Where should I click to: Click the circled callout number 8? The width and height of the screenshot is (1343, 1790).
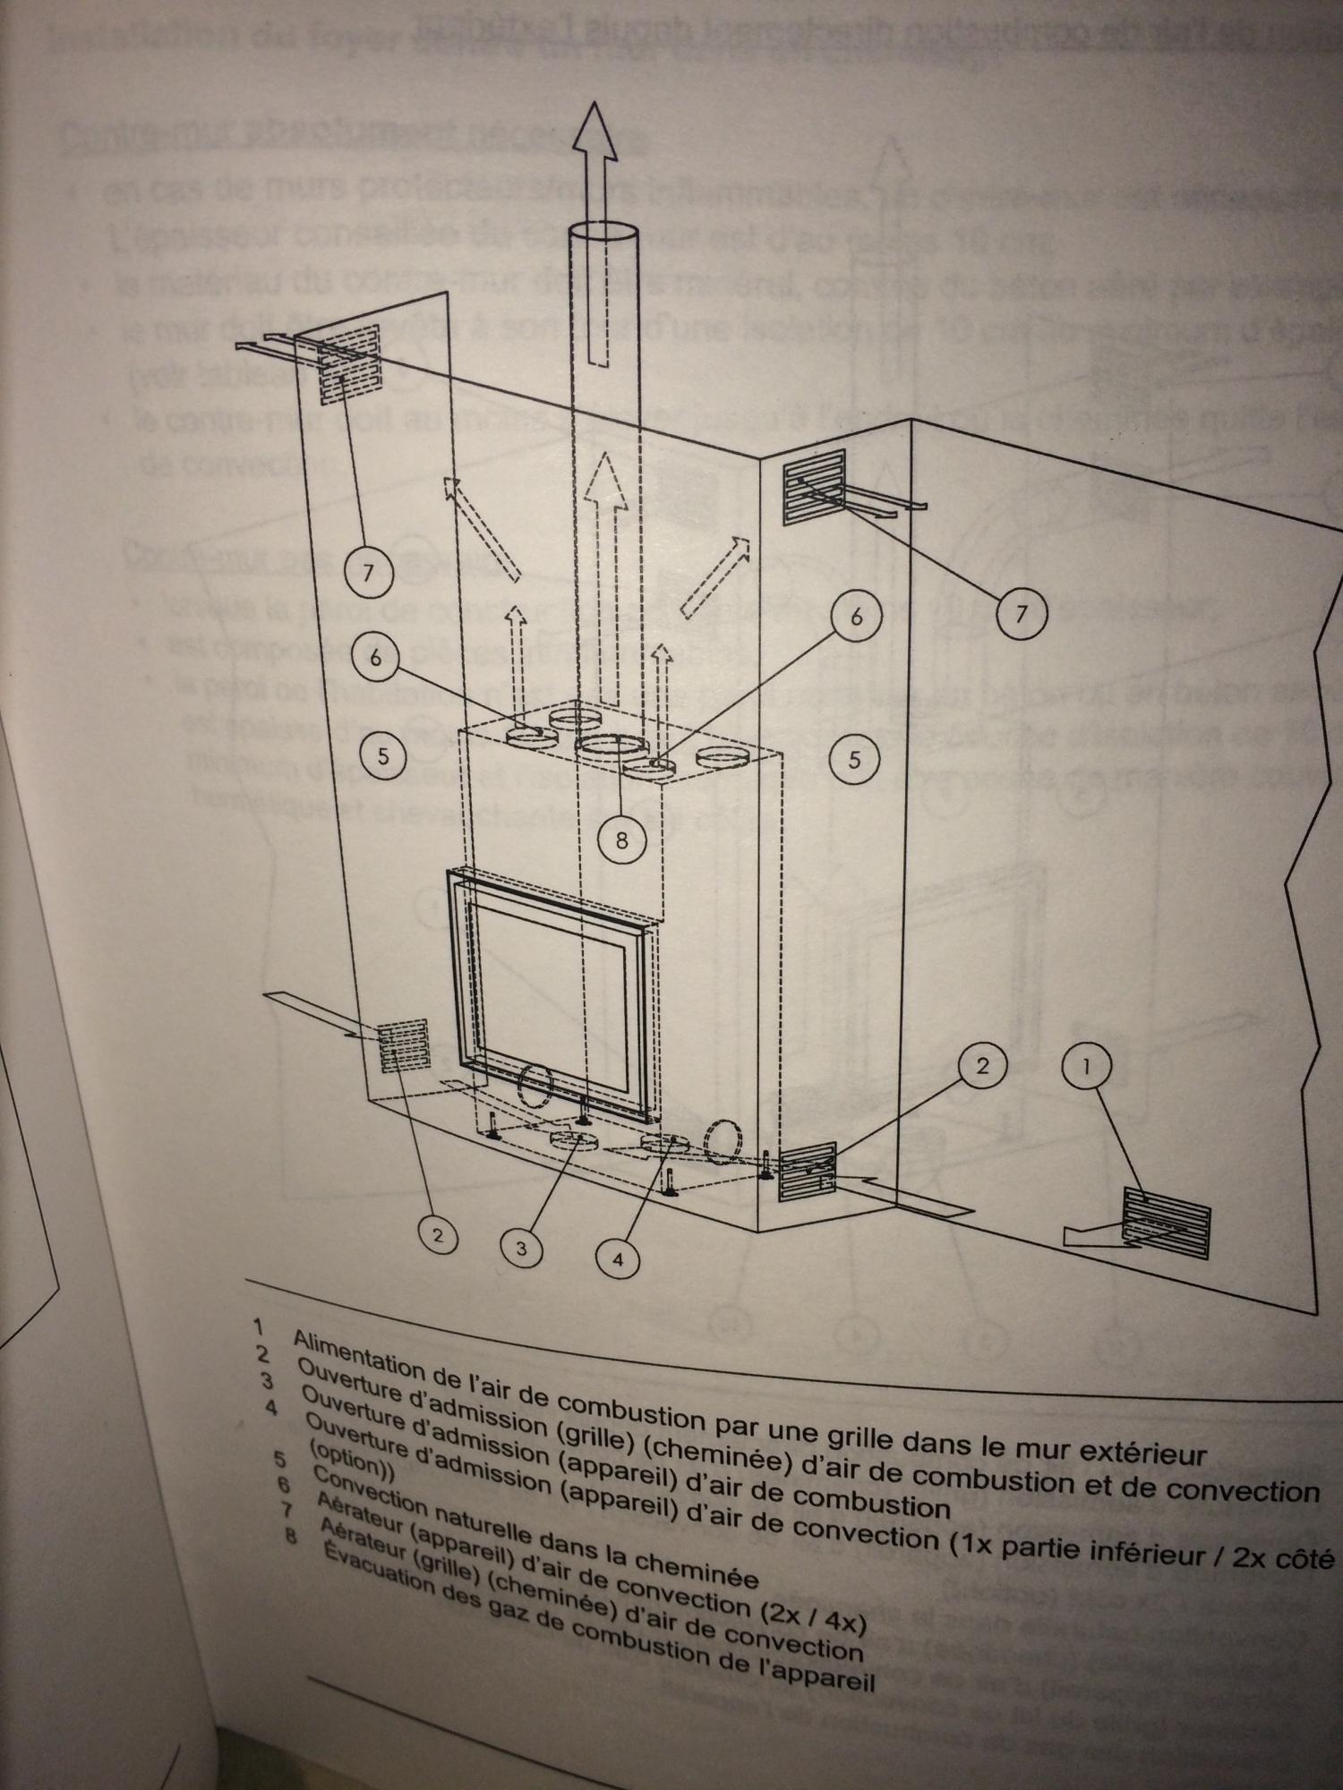pyautogui.click(x=621, y=840)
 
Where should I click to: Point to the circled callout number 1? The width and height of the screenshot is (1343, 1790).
pyautogui.click(x=1086, y=1067)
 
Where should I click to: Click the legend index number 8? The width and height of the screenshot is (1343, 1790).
pyautogui.click(x=288, y=1534)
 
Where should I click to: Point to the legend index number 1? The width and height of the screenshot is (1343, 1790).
pyautogui.click(x=260, y=1325)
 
